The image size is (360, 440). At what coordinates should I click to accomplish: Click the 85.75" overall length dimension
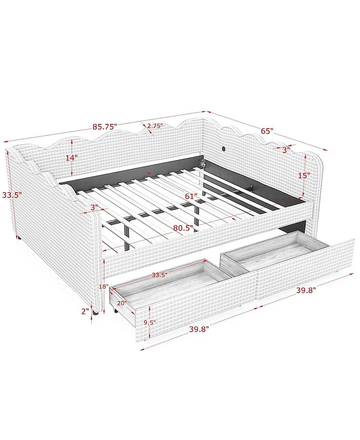(x=105, y=127)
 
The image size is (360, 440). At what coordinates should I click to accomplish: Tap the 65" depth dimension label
(x=267, y=131)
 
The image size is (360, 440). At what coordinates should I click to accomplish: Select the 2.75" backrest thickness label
(x=155, y=126)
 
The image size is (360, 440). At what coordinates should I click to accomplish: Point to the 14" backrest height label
(x=72, y=158)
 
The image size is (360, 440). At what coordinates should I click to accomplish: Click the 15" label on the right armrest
(x=304, y=176)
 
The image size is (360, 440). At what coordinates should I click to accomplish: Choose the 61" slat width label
(x=191, y=196)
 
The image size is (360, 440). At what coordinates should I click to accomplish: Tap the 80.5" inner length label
(x=183, y=228)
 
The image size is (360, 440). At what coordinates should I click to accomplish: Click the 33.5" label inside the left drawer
(x=160, y=275)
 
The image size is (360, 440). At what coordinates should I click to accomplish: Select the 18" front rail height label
(x=103, y=286)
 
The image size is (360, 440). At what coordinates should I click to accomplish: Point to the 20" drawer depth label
(x=122, y=303)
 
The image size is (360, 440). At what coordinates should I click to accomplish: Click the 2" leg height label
(x=85, y=311)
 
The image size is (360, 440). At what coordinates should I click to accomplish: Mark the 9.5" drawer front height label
(x=149, y=322)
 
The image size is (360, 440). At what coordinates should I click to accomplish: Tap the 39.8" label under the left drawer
(x=199, y=329)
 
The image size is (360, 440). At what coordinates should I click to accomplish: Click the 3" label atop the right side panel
(x=286, y=150)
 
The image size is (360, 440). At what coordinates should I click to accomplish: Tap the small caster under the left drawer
(x=115, y=311)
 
